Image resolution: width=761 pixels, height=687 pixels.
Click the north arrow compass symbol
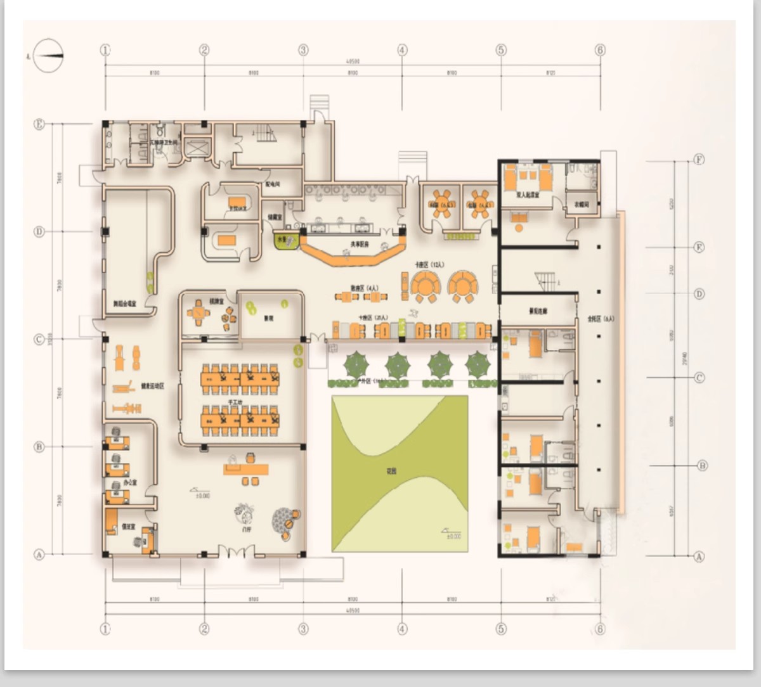[x=49, y=56]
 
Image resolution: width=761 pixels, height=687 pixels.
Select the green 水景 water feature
[x=281, y=240]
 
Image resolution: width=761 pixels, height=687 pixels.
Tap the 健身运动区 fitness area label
[x=152, y=385]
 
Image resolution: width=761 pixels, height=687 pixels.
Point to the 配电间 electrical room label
[x=273, y=184]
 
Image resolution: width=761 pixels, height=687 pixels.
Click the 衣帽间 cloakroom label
[x=582, y=204]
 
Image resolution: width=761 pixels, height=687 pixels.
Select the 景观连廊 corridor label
[x=538, y=311]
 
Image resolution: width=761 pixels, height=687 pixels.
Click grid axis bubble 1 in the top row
[x=105, y=50]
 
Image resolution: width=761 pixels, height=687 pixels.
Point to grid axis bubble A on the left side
[x=39, y=555]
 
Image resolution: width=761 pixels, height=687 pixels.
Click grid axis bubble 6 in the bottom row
[x=600, y=629]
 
